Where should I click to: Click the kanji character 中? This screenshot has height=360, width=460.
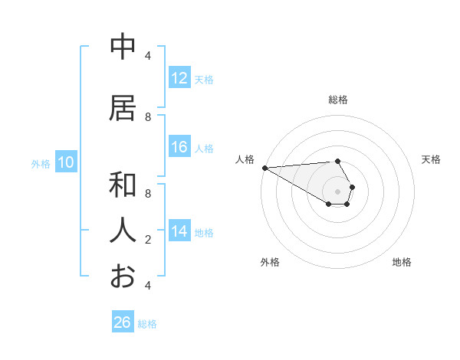123,47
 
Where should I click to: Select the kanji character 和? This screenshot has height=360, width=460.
123,185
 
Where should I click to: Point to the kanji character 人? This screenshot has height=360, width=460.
123,230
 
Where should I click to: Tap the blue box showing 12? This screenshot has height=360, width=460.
179,78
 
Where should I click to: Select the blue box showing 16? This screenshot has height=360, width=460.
179,147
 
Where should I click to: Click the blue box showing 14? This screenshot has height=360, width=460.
179,231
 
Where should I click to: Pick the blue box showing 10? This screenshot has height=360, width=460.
66,162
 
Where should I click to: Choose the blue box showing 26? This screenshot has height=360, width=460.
123,322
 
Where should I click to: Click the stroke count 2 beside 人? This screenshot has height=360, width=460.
148,240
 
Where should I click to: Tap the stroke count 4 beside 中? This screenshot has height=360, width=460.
148,55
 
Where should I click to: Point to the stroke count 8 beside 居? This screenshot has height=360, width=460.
148,117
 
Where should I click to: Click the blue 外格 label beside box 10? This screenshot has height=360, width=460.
41,163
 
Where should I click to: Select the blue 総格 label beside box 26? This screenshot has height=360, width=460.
147,323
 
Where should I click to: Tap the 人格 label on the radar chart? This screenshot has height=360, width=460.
245,159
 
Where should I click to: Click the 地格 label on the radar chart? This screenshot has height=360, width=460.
402,262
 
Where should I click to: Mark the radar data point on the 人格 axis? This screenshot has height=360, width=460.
264,168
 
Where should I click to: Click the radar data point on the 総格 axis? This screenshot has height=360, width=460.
337,161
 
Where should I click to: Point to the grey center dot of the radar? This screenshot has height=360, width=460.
337,191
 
